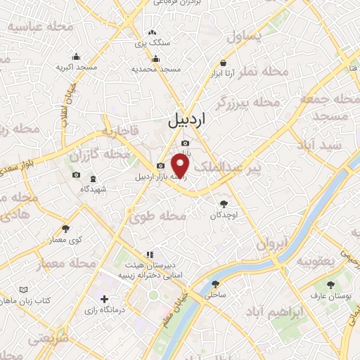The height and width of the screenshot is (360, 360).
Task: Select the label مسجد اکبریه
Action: click(76, 68)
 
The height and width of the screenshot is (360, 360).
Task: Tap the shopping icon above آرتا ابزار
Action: click(223, 62)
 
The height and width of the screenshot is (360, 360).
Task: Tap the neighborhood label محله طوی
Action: click(157, 217)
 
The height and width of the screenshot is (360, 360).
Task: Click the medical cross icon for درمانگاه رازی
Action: click(105, 300)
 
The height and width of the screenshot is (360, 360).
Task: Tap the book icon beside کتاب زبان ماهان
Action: click(24, 290)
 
